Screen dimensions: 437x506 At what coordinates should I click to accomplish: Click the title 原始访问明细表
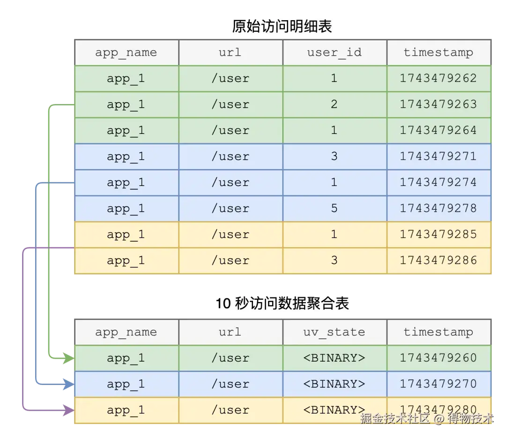[x=282, y=26]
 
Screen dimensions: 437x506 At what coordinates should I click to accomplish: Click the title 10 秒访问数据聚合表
[x=282, y=304]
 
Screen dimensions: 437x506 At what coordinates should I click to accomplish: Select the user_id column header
[x=335, y=52]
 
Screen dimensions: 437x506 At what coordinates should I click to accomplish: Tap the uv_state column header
[x=335, y=332]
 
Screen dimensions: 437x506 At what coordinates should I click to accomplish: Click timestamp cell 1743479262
[x=438, y=78]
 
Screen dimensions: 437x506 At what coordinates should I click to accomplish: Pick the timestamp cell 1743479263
[x=438, y=104]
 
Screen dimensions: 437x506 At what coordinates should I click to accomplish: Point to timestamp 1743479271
[x=438, y=156]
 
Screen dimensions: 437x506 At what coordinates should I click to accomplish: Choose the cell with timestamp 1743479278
[x=438, y=208]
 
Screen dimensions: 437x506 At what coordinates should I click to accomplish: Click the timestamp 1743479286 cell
[x=438, y=260]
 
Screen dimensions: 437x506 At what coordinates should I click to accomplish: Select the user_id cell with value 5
[x=334, y=208]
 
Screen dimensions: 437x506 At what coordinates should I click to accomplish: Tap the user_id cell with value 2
[x=334, y=104]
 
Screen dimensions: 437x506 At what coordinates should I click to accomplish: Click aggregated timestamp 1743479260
[x=438, y=358]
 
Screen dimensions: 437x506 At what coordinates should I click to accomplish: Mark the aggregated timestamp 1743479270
[x=438, y=384]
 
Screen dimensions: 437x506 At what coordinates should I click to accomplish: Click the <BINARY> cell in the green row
[x=335, y=358]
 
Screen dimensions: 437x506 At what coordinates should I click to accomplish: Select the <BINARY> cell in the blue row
[x=335, y=384]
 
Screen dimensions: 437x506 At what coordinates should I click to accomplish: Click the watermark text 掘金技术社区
[x=394, y=418]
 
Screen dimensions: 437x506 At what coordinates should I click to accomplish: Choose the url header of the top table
[x=230, y=52]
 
